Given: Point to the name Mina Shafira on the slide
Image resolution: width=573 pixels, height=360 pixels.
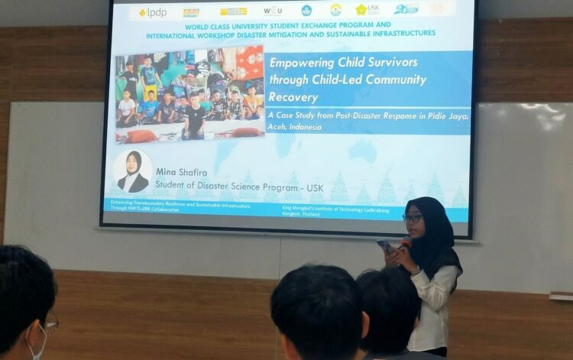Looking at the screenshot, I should point(181,172).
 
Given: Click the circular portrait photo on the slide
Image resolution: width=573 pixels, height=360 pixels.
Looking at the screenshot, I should point(132,170).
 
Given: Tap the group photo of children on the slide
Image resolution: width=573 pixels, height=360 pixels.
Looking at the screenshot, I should point(189,95).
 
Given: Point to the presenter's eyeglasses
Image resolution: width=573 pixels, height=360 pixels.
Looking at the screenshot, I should point(413,218).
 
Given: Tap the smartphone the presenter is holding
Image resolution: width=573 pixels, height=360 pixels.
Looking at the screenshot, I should point(385,247).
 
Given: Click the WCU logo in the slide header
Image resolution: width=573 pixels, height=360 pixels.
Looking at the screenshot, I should point(273,11).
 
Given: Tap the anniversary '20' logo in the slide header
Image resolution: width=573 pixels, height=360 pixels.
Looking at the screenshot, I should point(406,9).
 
